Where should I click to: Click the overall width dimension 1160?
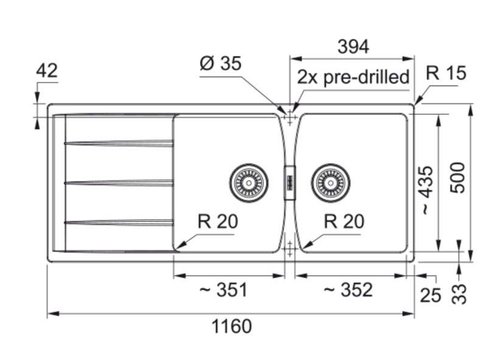pyautogui.click(x=231, y=326)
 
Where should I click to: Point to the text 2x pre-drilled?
pyautogui.click(x=353, y=77)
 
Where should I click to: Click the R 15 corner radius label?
pyautogui.click(x=446, y=74)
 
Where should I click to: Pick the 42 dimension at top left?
pyautogui.click(x=46, y=71)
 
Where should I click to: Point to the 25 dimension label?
pyautogui.click(x=430, y=295)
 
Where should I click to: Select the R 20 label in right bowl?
pyautogui.click(x=344, y=222)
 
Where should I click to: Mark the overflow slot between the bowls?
pyautogui.click(x=290, y=182)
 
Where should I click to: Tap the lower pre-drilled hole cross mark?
pyautogui.click(x=290, y=247)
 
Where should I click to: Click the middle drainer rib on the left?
pyautogui.click(x=119, y=182)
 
